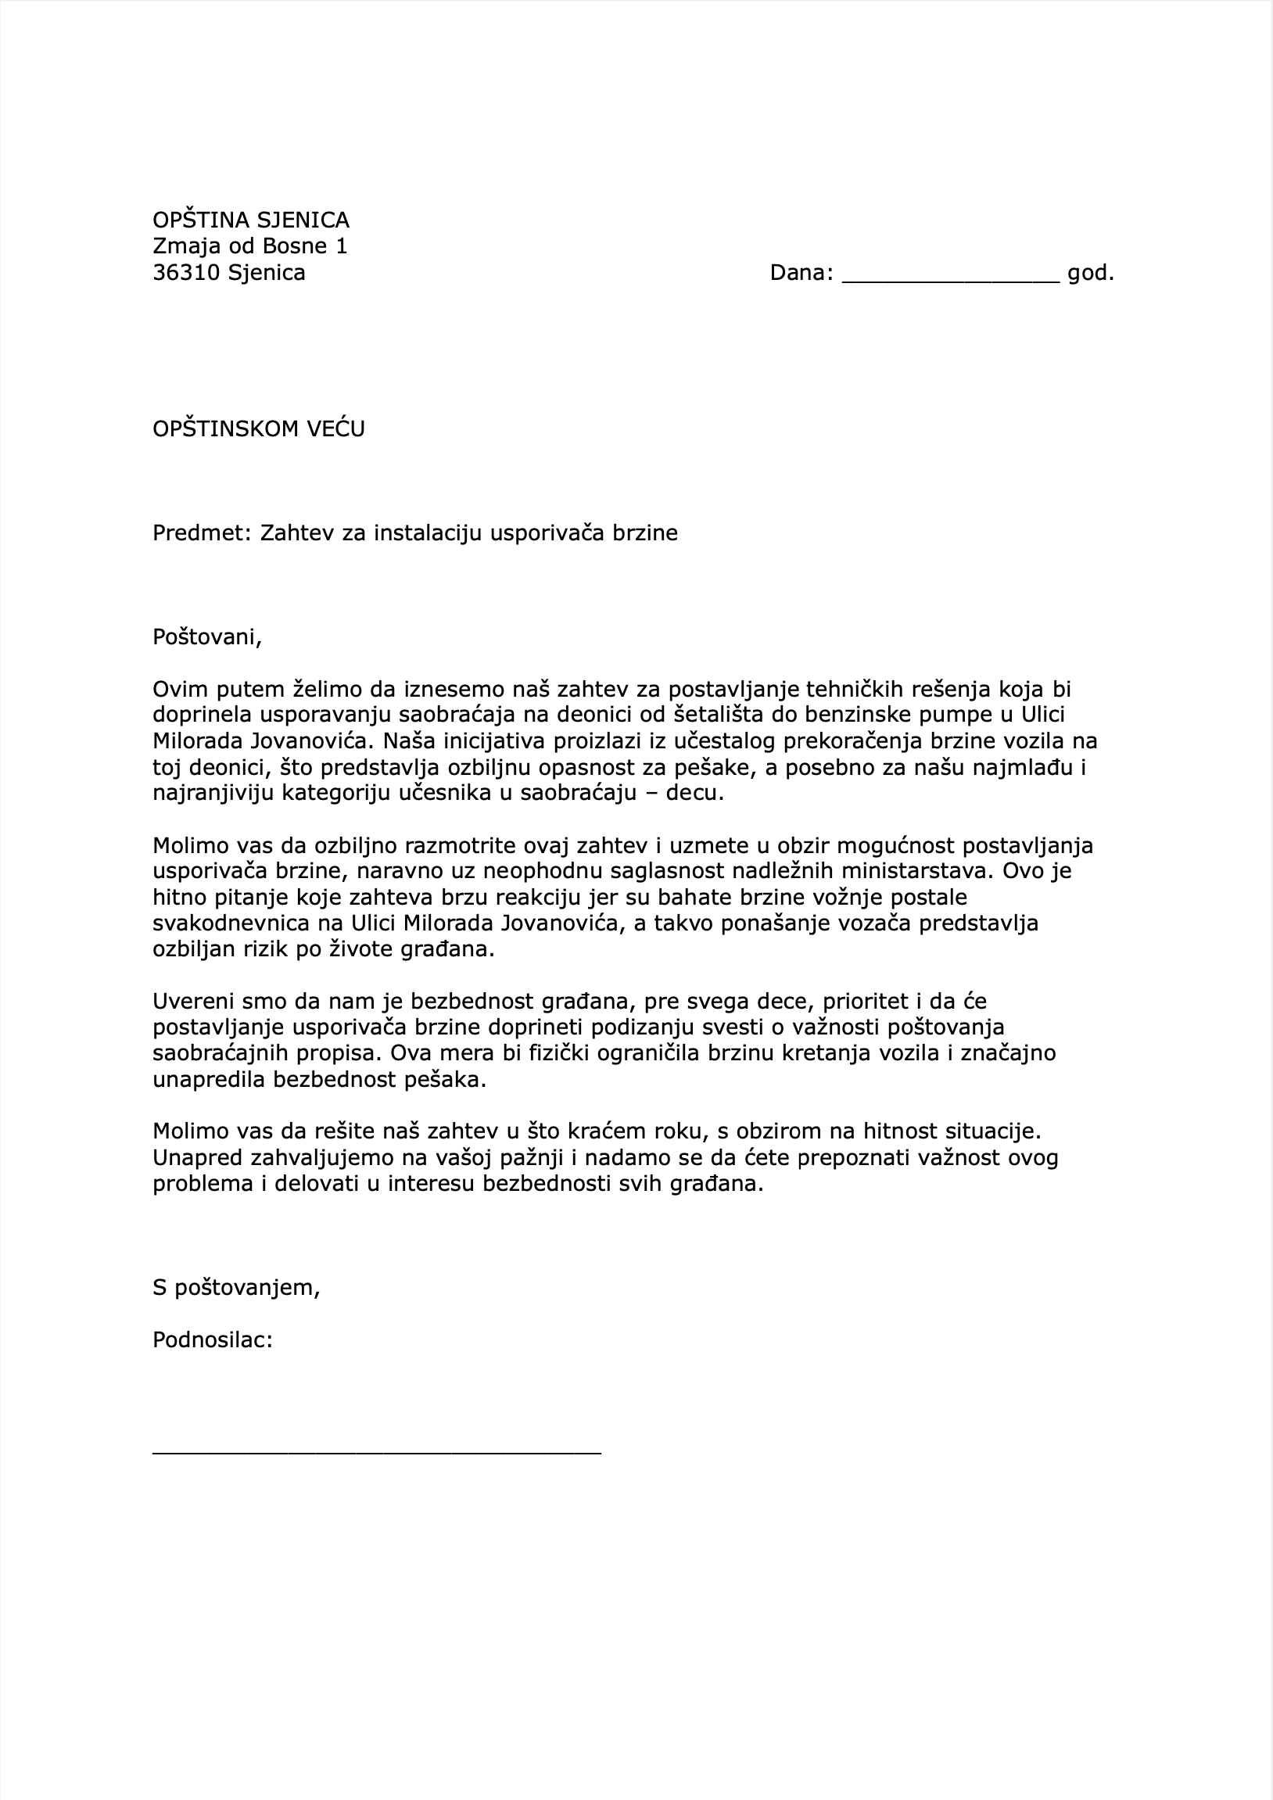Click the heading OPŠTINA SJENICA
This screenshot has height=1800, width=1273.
(x=251, y=221)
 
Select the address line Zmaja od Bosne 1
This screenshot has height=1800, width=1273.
(x=249, y=246)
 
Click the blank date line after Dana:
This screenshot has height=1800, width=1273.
(x=950, y=274)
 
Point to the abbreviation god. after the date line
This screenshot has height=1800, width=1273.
(x=1090, y=273)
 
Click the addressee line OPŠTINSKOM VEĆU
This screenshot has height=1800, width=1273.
(x=259, y=428)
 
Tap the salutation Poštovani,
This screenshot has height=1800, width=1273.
(x=207, y=637)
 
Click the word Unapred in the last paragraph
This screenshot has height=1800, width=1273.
(x=197, y=1157)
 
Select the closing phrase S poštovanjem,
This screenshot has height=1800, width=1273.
(x=236, y=1287)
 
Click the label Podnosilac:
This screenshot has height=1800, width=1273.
(x=213, y=1339)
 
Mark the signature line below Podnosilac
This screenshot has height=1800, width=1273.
(x=376, y=1453)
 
